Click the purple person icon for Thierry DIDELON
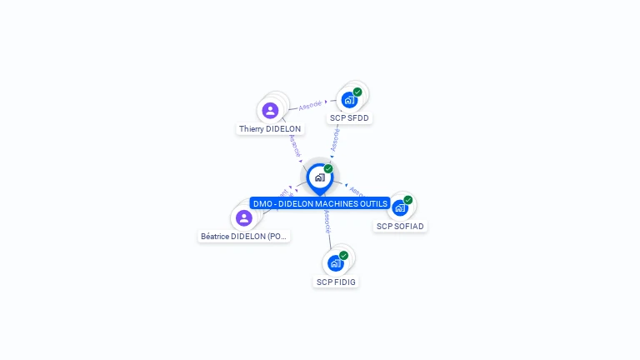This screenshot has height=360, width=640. (x=270, y=110)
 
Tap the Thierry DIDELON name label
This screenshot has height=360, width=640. (x=270, y=129)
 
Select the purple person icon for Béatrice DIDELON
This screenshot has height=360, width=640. (x=243, y=217)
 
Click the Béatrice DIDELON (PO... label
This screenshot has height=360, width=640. (x=244, y=237)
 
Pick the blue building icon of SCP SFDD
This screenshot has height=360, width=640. (x=349, y=100)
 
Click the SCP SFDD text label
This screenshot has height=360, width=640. (x=349, y=118)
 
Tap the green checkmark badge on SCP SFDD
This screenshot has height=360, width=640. (x=357, y=92)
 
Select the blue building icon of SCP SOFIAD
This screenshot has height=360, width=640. (x=400, y=207)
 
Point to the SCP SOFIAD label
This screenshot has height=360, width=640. (x=400, y=226)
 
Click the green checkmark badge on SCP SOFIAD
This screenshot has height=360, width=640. (x=408, y=199)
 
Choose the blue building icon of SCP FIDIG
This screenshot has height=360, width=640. (x=336, y=263)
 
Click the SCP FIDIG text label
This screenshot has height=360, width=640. (x=336, y=282)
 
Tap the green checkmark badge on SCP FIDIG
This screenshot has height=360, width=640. (x=343, y=255)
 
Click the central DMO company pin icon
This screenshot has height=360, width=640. (x=319, y=177)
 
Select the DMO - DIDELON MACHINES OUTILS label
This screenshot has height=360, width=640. (x=320, y=203)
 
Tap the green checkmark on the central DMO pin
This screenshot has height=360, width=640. (x=328, y=168)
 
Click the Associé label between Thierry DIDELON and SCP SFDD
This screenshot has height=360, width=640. (x=310, y=105)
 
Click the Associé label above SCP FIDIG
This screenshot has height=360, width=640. (x=327, y=220)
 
